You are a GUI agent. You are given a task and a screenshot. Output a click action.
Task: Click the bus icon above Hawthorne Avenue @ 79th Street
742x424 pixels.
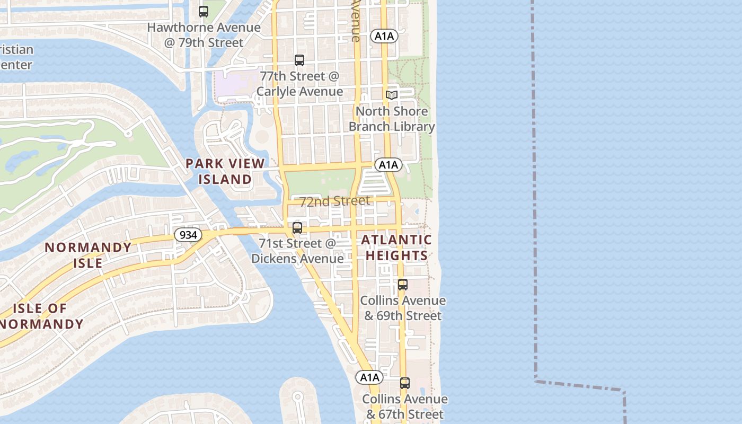point(204,11)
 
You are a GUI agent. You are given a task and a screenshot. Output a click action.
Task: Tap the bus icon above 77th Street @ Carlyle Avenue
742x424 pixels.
point(299,60)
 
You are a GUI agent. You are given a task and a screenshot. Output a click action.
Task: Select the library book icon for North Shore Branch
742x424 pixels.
point(392,95)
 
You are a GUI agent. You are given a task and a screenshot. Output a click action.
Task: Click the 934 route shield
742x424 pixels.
point(188,234)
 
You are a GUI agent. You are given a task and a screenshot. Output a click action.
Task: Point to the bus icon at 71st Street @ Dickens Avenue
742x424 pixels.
point(297,228)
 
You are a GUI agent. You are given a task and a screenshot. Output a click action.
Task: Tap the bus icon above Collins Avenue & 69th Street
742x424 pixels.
point(403,285)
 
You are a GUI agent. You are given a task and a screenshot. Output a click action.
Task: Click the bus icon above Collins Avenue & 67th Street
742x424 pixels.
point(405,383)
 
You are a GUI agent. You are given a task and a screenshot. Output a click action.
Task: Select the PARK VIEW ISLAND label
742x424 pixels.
point(225,171)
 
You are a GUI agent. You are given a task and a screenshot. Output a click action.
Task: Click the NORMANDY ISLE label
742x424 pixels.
point(88,255)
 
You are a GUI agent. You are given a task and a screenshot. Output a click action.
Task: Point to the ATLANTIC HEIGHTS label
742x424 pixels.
point(396,248)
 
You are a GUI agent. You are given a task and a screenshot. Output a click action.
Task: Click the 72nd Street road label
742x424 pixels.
point(334,201)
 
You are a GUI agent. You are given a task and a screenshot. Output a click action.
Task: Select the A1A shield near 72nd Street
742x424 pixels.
point(388,165)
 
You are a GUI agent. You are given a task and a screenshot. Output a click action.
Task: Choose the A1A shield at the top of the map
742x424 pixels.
point(384,36)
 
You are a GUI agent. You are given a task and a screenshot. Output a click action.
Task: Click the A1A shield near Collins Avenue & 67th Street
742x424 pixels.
point(369,377)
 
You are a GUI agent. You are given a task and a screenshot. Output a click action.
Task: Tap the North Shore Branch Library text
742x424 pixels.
point(392,119)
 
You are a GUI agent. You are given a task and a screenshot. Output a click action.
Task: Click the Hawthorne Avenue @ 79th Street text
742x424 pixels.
point(204,35)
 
